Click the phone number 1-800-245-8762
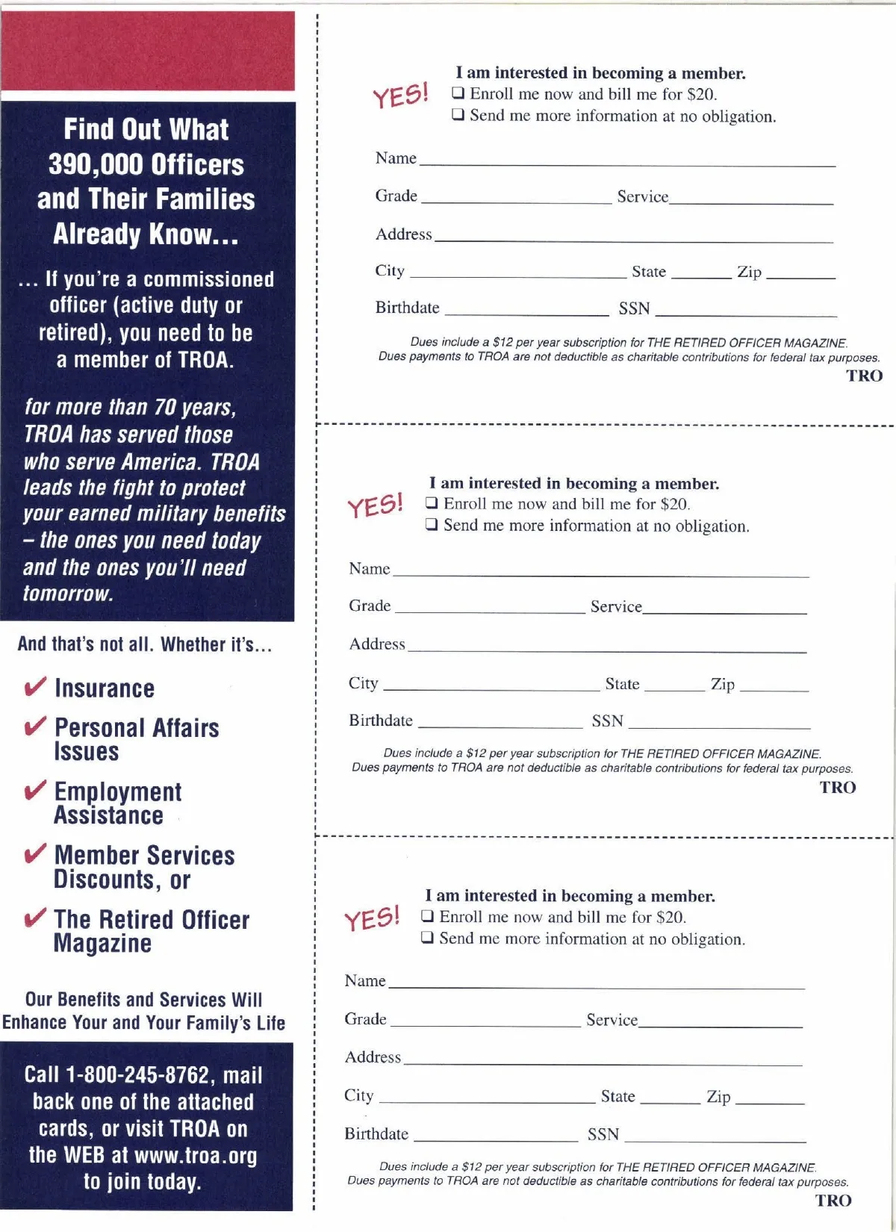click(138, 1075)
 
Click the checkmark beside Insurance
click(35, 687)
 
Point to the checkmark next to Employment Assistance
click(35, 791)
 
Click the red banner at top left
click(147, 51)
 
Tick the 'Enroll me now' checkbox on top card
click(458, 94)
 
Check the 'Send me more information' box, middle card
click(432, 525)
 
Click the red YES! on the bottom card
click(372, 919)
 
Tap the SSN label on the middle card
click(607, 721)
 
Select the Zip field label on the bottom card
click(718, 1096)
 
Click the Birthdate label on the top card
click(407, 308)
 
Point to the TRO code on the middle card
click(838, 787)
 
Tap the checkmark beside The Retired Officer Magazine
click(35, 918)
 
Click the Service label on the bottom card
click(612, 1020)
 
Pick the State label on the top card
click(648, 272)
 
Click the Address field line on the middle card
click(606, 650)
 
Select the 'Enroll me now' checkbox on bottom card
click(428, 916)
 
